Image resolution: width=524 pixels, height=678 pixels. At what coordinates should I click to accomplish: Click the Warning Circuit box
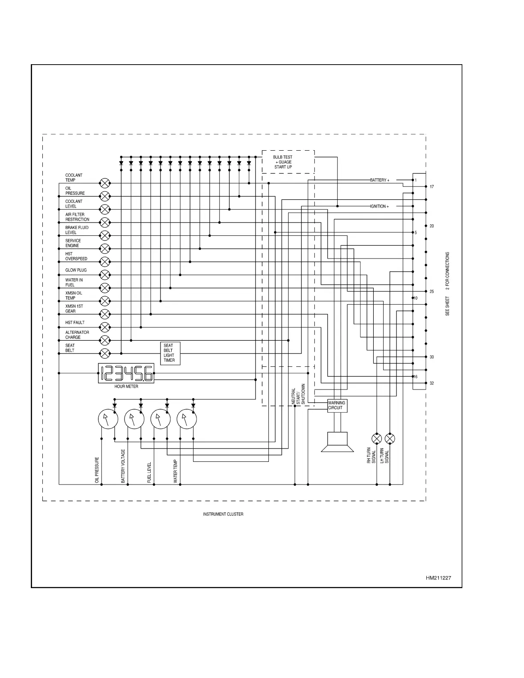click(337, 406)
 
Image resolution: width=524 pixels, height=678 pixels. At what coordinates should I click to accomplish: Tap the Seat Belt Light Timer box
click(170, 353)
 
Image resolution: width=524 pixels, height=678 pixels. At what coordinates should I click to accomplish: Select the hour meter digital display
click(126, 373)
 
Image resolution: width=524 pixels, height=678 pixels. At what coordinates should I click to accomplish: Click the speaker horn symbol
click(337, 442)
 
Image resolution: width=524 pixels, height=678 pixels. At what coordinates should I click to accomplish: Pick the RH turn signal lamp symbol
click(377, 439)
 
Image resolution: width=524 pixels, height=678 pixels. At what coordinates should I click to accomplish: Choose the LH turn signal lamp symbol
click(390, 439)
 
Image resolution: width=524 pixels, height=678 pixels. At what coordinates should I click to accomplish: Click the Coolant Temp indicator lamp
click(104, 183)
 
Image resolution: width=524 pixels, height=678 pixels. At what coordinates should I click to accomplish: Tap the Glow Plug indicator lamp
click(104, 275)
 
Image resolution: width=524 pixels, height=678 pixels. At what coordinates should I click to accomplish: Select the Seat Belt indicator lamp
click(104, 354)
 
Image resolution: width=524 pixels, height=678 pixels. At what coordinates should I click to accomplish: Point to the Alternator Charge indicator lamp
click(104, 340)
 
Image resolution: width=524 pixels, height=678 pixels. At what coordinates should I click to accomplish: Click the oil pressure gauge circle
click(108, 419)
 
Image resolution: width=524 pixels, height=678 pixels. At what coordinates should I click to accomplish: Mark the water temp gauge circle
click(187, 419)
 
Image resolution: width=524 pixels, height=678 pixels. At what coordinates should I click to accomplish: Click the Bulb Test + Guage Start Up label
click(283, 162)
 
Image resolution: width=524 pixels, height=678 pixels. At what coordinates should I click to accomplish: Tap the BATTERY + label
click(380, 180)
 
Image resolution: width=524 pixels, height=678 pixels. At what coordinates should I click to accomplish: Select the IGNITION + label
click(379, 206)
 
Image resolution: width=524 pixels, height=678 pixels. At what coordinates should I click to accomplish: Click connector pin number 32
click(432, 384)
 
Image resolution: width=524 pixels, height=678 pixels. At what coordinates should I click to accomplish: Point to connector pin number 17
click(432, 187)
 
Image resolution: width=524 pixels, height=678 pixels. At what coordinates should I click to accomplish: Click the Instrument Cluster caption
click(223, 514)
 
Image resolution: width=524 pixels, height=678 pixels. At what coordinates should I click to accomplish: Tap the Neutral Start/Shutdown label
click(298, 394)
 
